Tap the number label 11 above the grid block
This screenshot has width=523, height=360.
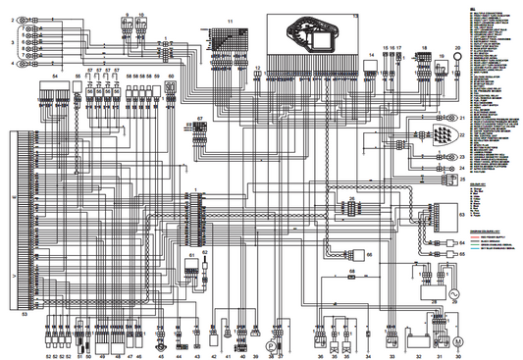tap(231, 21)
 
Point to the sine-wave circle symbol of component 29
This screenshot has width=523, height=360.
tap(453, 293)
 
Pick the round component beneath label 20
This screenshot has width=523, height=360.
tap(457, 57)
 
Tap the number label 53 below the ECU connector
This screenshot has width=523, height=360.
tap(25, 314)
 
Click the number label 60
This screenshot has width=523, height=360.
tap(172, 75)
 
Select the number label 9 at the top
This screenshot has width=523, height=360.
tap(128, 16)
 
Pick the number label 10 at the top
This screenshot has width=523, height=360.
tap(142, 16)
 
